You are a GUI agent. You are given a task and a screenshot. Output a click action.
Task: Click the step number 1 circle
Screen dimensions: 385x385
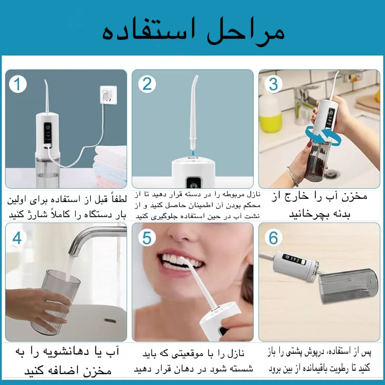pos(17,84)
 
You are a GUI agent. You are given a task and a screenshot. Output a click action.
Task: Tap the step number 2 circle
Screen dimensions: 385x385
pos(147,84)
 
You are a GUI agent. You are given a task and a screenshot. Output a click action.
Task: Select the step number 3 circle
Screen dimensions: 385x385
pos(273,84)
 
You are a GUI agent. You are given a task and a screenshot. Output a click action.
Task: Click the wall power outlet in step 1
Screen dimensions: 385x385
pos(108,95)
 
